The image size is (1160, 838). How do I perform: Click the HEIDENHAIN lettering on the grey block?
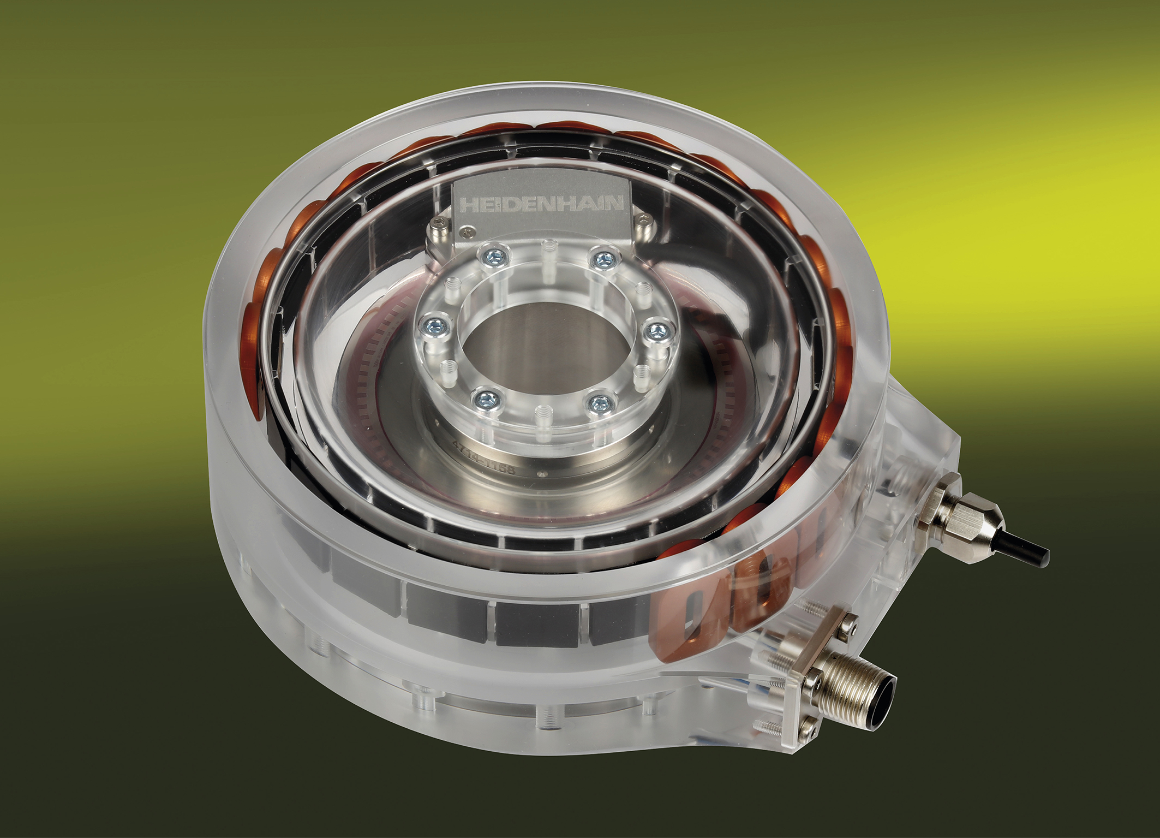(541, 205)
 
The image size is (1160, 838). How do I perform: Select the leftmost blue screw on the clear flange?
(435, 327)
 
